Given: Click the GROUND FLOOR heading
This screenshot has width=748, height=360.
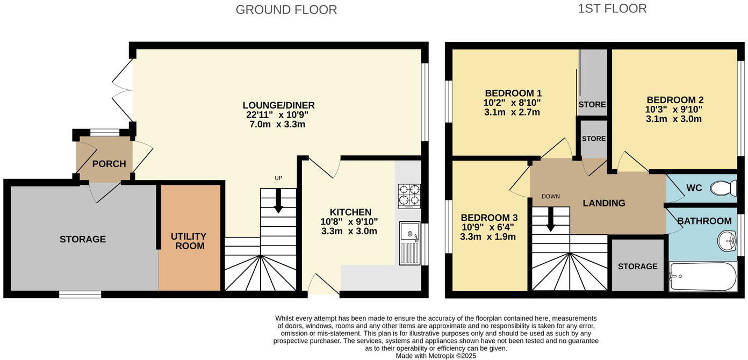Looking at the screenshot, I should point(286,10).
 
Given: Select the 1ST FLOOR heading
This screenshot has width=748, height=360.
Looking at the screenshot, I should point(612,9).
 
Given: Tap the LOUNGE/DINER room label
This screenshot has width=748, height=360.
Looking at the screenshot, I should point(278,105).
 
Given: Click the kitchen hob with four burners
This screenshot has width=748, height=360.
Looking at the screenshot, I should point(409,196).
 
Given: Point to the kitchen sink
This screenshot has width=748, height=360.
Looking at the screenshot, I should point(410,243).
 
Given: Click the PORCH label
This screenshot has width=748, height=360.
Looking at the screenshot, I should point(109,164).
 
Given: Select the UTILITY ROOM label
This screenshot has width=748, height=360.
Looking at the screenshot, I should point(189,241).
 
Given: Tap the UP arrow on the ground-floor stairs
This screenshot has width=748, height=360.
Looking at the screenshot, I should point(278,201).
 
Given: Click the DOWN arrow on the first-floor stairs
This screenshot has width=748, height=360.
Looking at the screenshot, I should point(550,219).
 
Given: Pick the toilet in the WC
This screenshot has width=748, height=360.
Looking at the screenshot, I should point(723,188).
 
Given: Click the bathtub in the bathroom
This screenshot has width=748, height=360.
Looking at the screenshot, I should point(702,277).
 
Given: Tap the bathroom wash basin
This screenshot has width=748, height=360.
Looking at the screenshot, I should point(727,241).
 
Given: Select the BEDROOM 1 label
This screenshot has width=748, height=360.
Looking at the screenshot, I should point(513,93).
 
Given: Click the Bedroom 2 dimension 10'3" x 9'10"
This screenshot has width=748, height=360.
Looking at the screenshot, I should point(674,109).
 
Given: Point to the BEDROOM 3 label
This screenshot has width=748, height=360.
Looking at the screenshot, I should point(489,218).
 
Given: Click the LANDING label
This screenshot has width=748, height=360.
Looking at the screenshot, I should point(604,203).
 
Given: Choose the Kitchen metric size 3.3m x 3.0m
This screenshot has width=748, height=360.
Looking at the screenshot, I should point(349,231).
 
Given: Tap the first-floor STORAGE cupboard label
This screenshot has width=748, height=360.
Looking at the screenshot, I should point(637,267).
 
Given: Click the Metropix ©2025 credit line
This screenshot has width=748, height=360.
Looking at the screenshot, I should point(436,356).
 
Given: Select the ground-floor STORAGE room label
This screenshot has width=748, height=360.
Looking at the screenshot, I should point(83,240).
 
